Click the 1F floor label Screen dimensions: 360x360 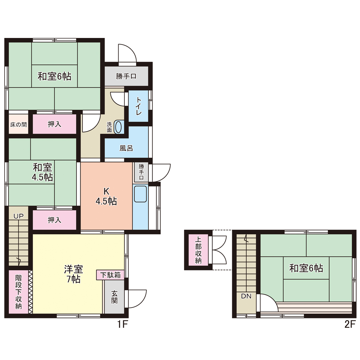click(x=122, y=324)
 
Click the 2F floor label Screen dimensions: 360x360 click(x=350, y=324)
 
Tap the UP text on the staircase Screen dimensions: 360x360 click(x=19, y=216)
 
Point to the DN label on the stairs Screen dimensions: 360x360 click(x=246, y=296)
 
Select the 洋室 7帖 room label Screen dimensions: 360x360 click(x=73, y=274)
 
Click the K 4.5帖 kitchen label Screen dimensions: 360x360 click(x=106, y=196)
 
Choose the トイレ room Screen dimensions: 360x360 click(x=139, y=106)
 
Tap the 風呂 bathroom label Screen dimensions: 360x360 click(x=126, y=148)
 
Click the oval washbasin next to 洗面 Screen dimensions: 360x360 click(x=118, y=127)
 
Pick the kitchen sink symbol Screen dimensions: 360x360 click(x=140, y=194)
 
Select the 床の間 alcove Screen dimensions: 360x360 click(x=19, y=124)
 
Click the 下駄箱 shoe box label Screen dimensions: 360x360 click(x=111, y=275)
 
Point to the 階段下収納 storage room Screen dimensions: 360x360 click(x=19, y=292)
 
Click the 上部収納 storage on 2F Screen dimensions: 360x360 click(x=198, y=250)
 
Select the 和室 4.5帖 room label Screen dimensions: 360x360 click(x=43, y=172)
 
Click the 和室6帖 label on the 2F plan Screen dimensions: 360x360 click(x=306, y=268)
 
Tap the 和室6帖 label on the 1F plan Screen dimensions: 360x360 click(x=54, y=76)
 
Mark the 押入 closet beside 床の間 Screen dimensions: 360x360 click(x=54, y=124)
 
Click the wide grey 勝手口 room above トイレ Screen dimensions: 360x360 click(x=126, y=76)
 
